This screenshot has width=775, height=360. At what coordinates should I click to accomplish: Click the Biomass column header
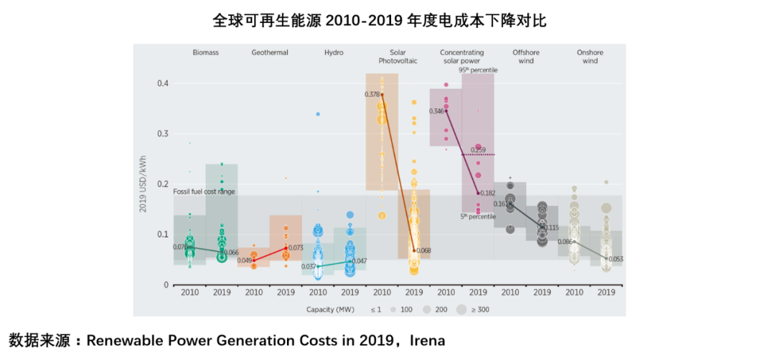(205, 52)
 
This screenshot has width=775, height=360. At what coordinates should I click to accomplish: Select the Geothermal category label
(270, 52)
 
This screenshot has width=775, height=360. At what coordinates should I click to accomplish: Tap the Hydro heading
(334, 52)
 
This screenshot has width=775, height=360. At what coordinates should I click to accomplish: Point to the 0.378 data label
(372, 94)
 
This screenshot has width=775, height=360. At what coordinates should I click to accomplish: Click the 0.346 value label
(436, 111)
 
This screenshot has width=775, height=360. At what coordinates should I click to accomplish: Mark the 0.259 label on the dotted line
(479, 149)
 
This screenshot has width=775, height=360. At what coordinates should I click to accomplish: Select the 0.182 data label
(487, 193)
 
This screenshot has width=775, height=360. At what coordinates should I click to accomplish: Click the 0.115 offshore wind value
(551, 227)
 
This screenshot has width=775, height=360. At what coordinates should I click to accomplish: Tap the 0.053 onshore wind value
(615, 259)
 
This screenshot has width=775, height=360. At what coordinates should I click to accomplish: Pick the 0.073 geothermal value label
(295, 247)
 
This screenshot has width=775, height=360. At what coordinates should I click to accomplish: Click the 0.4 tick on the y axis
(162, 83)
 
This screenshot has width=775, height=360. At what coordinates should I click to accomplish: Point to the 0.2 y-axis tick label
(162, 184)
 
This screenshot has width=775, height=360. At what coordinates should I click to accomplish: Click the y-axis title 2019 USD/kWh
(144, 184)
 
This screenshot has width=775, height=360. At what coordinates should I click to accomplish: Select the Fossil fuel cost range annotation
(205, 191)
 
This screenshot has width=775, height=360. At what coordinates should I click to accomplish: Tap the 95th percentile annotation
(478, 70)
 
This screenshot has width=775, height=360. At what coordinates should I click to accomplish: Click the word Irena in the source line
(427, 341)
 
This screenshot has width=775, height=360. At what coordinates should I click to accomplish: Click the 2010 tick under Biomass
(190, 293)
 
